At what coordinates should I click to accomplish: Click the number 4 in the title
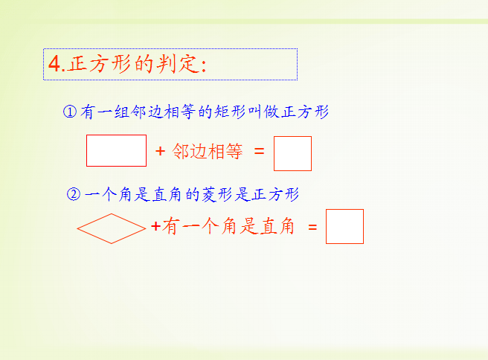tap(55, 64)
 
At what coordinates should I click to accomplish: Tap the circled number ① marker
tap(70, 112)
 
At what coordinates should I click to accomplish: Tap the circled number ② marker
tap(74, 194)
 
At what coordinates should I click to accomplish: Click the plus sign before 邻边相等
tap(160, 151)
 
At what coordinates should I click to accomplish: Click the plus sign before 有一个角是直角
tap(156, 226)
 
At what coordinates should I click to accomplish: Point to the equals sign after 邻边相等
tap(259, 152)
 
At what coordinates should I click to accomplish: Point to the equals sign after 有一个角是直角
tap(312, 228)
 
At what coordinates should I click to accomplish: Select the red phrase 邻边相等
tap(208, 151)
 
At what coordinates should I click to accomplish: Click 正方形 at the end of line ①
tap(305, 112)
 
